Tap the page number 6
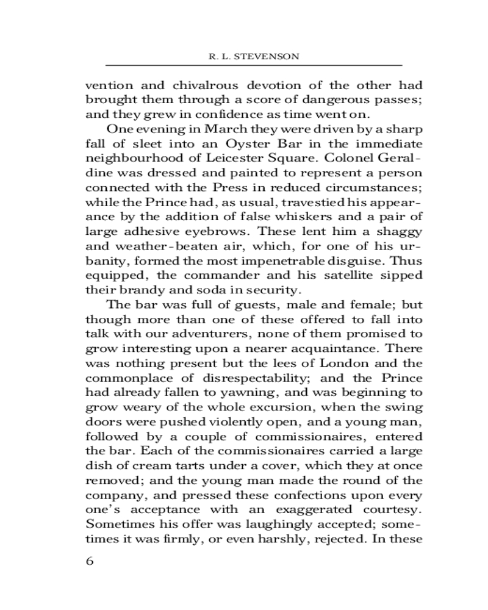90,561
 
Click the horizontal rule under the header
254,65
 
